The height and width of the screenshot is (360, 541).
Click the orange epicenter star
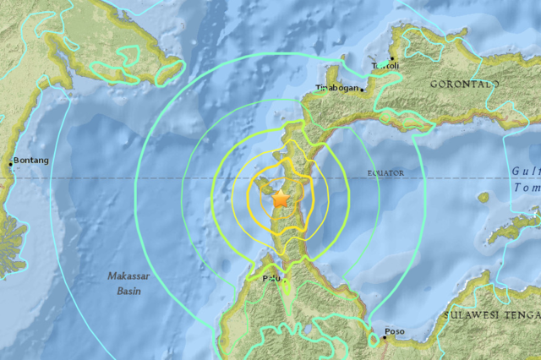[x=280, y=199]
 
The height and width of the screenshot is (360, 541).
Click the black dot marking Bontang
[x=11, y=163]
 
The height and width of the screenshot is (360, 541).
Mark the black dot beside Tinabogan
[x=362, y=88]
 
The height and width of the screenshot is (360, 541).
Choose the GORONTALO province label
[x=464, y=85]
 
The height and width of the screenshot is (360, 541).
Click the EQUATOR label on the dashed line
[x=385, y=173]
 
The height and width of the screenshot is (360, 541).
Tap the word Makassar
[x=129, y=276]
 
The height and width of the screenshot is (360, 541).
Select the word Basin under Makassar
[x=129, y=291]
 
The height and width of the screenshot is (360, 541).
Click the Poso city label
[x=395, y=331]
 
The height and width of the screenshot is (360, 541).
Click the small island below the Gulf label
[x=484, y=197]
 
